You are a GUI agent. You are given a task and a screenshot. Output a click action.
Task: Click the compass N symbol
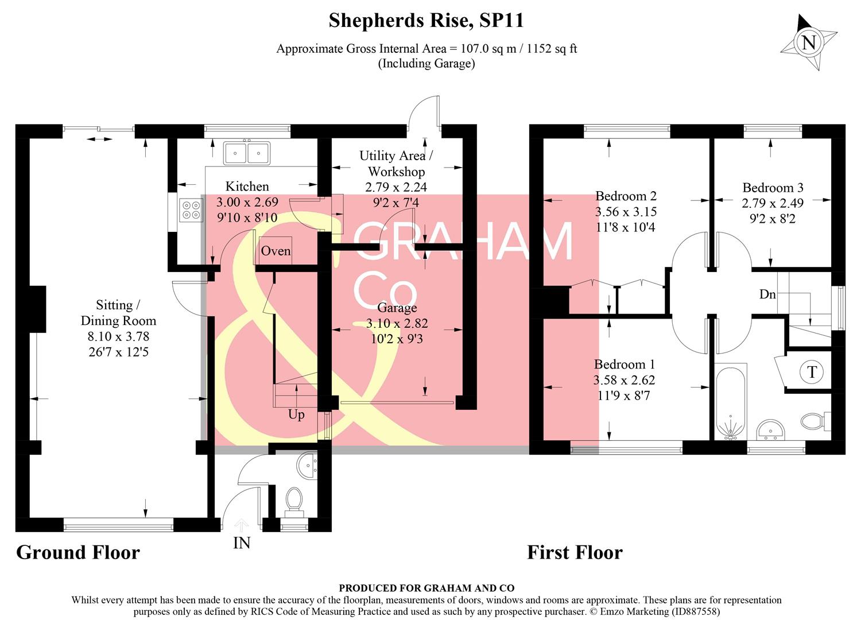(808, 42)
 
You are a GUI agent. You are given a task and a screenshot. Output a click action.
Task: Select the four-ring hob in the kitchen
(191, 210)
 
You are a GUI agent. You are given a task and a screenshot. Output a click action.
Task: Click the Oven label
(276, 251)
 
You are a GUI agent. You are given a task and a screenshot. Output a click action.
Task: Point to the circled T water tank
(812, 372)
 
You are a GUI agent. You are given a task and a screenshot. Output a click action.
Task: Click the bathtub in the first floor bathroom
(730, 402)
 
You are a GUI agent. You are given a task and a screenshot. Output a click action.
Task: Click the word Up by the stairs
(296, 414)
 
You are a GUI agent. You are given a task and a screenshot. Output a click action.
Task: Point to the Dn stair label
(767, 294)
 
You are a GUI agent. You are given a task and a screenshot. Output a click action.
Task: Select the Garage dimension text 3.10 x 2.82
(397, 323)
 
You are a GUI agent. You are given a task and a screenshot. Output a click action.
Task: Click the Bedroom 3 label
(773, 188)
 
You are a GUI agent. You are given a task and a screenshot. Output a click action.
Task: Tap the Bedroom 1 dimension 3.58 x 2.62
(624, 380)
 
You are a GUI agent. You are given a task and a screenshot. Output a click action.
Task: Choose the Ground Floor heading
(78, 552)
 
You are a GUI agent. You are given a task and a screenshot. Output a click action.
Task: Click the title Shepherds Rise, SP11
(426, 21)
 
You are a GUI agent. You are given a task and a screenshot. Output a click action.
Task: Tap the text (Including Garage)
(426, 63)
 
